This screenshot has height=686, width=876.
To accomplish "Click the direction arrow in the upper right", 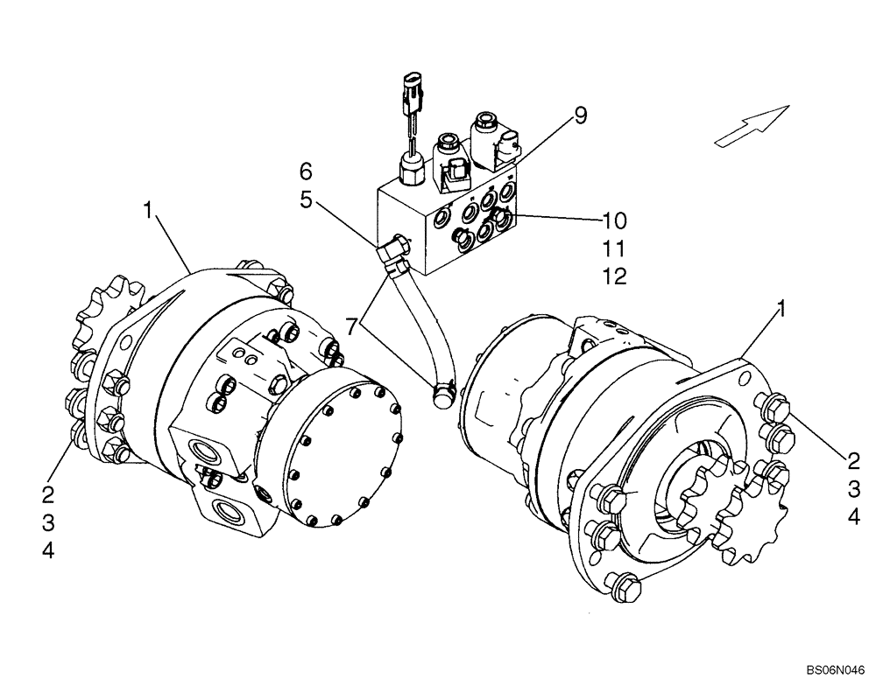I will pyautogui.click(x=751, y=124).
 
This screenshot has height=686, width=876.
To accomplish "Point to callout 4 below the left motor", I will pyautogui.click(x=48, y=552).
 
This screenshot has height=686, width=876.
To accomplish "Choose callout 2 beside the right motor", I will pyautogui.click(x=852, y=458).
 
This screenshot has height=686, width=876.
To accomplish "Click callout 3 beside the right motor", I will pyautogui.click(x=852, y=487).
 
